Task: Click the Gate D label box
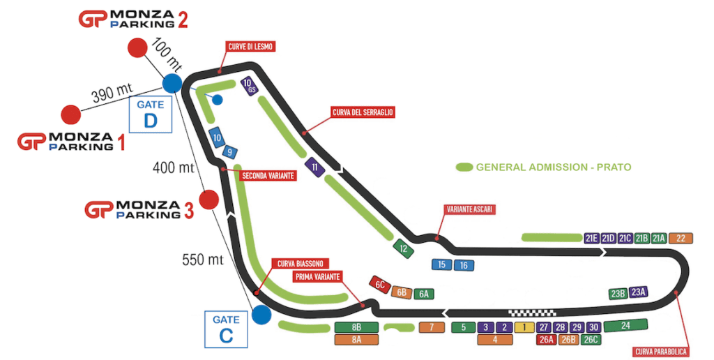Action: coord(150,113)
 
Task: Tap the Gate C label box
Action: coord(226,329)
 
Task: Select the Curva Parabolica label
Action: coord(660,351)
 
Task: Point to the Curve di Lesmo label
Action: coord(249,47)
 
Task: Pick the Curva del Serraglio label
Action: coord(362,112)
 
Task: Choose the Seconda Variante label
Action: coord(268,176)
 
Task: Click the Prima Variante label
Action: coord(317,277)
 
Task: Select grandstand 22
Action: coord(681,238)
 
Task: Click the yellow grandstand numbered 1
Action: coord(524,327)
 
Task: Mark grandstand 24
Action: coord(625,325)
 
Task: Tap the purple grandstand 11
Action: coord(315,167)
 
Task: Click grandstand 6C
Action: coord(380,285)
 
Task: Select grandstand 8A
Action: coord(356,340)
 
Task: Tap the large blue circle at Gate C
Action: coord(261,314)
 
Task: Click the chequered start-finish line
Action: coord(532,312)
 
